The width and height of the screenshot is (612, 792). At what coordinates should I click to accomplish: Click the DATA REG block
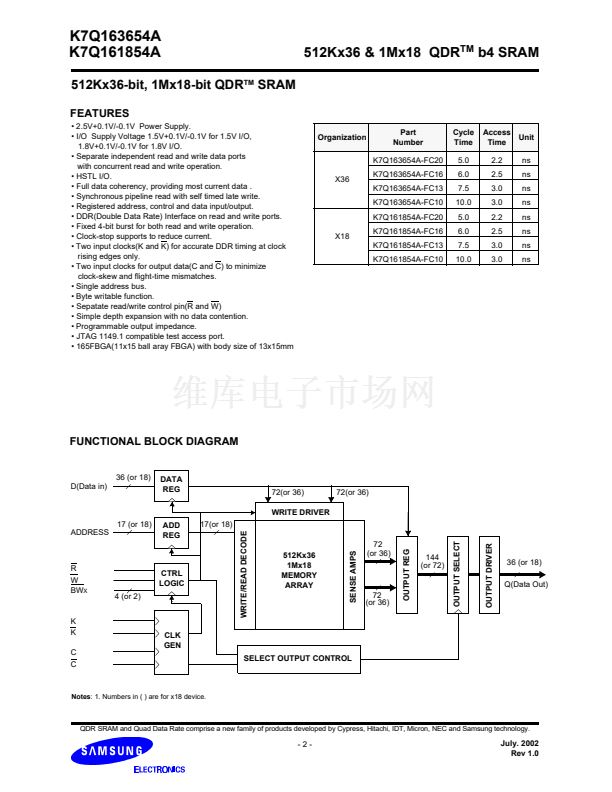click(x=171, y=485)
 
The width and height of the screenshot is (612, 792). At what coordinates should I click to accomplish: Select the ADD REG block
click(x=171, y=530)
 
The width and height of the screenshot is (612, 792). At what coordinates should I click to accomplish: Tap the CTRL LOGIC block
click(x=171, y=578)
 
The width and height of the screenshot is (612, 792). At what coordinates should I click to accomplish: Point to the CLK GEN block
click(x=171, y=640)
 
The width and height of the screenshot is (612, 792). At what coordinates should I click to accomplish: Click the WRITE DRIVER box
click(x=300, y=512)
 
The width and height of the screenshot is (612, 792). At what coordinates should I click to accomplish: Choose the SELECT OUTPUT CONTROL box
click(x=298, y=657)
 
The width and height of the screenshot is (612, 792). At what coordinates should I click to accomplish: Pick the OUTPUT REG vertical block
click(x=406, y=573)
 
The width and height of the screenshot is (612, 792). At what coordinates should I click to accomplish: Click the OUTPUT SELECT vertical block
click(x=457, y=573)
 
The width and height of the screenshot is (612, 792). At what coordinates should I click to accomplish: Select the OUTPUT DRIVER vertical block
click(x=489, y=573)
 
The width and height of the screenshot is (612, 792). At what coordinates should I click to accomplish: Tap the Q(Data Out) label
click(x=525, y=584)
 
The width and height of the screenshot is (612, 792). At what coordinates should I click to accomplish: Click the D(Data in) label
click(x=88, y=486)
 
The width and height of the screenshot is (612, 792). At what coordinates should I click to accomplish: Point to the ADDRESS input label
click(x=90, y=532)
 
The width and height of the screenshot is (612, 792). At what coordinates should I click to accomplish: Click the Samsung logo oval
click(x=106, y=751)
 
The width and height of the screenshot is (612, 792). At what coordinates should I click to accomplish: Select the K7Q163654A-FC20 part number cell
click(x=407, y=160)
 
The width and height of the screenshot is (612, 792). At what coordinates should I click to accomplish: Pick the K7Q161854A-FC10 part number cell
click(x=407, y=259)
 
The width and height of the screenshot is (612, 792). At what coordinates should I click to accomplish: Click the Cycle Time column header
click(x=463, y=137)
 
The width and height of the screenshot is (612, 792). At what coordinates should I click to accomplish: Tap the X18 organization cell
click(x=341, y=237)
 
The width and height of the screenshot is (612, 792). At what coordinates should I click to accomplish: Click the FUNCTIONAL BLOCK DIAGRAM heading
click(x=153, y=441)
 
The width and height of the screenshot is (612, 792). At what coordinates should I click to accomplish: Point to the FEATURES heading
click(x=99, y=113)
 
